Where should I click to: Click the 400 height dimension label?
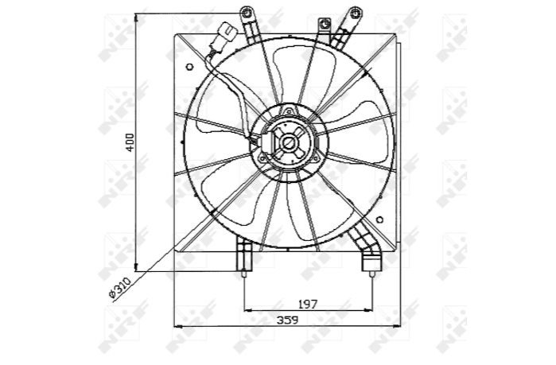click(x=130, y=142)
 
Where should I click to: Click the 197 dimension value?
click(x=308, y=304)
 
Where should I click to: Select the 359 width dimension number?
click(x=287, y=320)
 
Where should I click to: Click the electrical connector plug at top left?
click(x=227, y=33)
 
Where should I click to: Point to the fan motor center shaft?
click(x=288, y=143)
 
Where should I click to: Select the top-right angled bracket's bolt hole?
click(x=354, y=14)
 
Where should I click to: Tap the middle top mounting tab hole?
click(x=324, y=25)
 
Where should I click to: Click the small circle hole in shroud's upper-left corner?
click(x=189, y=67)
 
